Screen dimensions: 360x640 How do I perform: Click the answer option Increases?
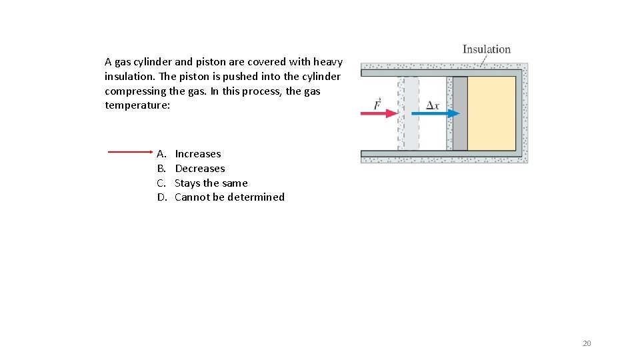pos(197,154)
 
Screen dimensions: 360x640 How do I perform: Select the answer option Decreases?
pos(199,169)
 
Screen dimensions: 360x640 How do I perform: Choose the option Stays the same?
pos(211,183)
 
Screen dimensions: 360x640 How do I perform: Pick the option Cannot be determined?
pos(229,197)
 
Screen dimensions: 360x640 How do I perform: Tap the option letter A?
pos(161,154)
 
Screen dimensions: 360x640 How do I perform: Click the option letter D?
pos(161,197)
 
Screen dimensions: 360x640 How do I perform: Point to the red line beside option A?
pos(130,152)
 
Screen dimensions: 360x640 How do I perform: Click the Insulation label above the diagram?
pos(486,49)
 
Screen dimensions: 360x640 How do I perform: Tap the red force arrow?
pos(378,114)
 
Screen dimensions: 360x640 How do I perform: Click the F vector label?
pos(377,103)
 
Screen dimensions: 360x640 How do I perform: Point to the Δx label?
pos(432,105)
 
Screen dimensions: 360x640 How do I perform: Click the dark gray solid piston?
pos(460,113)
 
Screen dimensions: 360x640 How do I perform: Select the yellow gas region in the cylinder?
pos(491,113)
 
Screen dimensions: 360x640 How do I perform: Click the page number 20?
pos(587,343)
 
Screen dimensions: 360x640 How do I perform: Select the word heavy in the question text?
pos(328,62)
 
